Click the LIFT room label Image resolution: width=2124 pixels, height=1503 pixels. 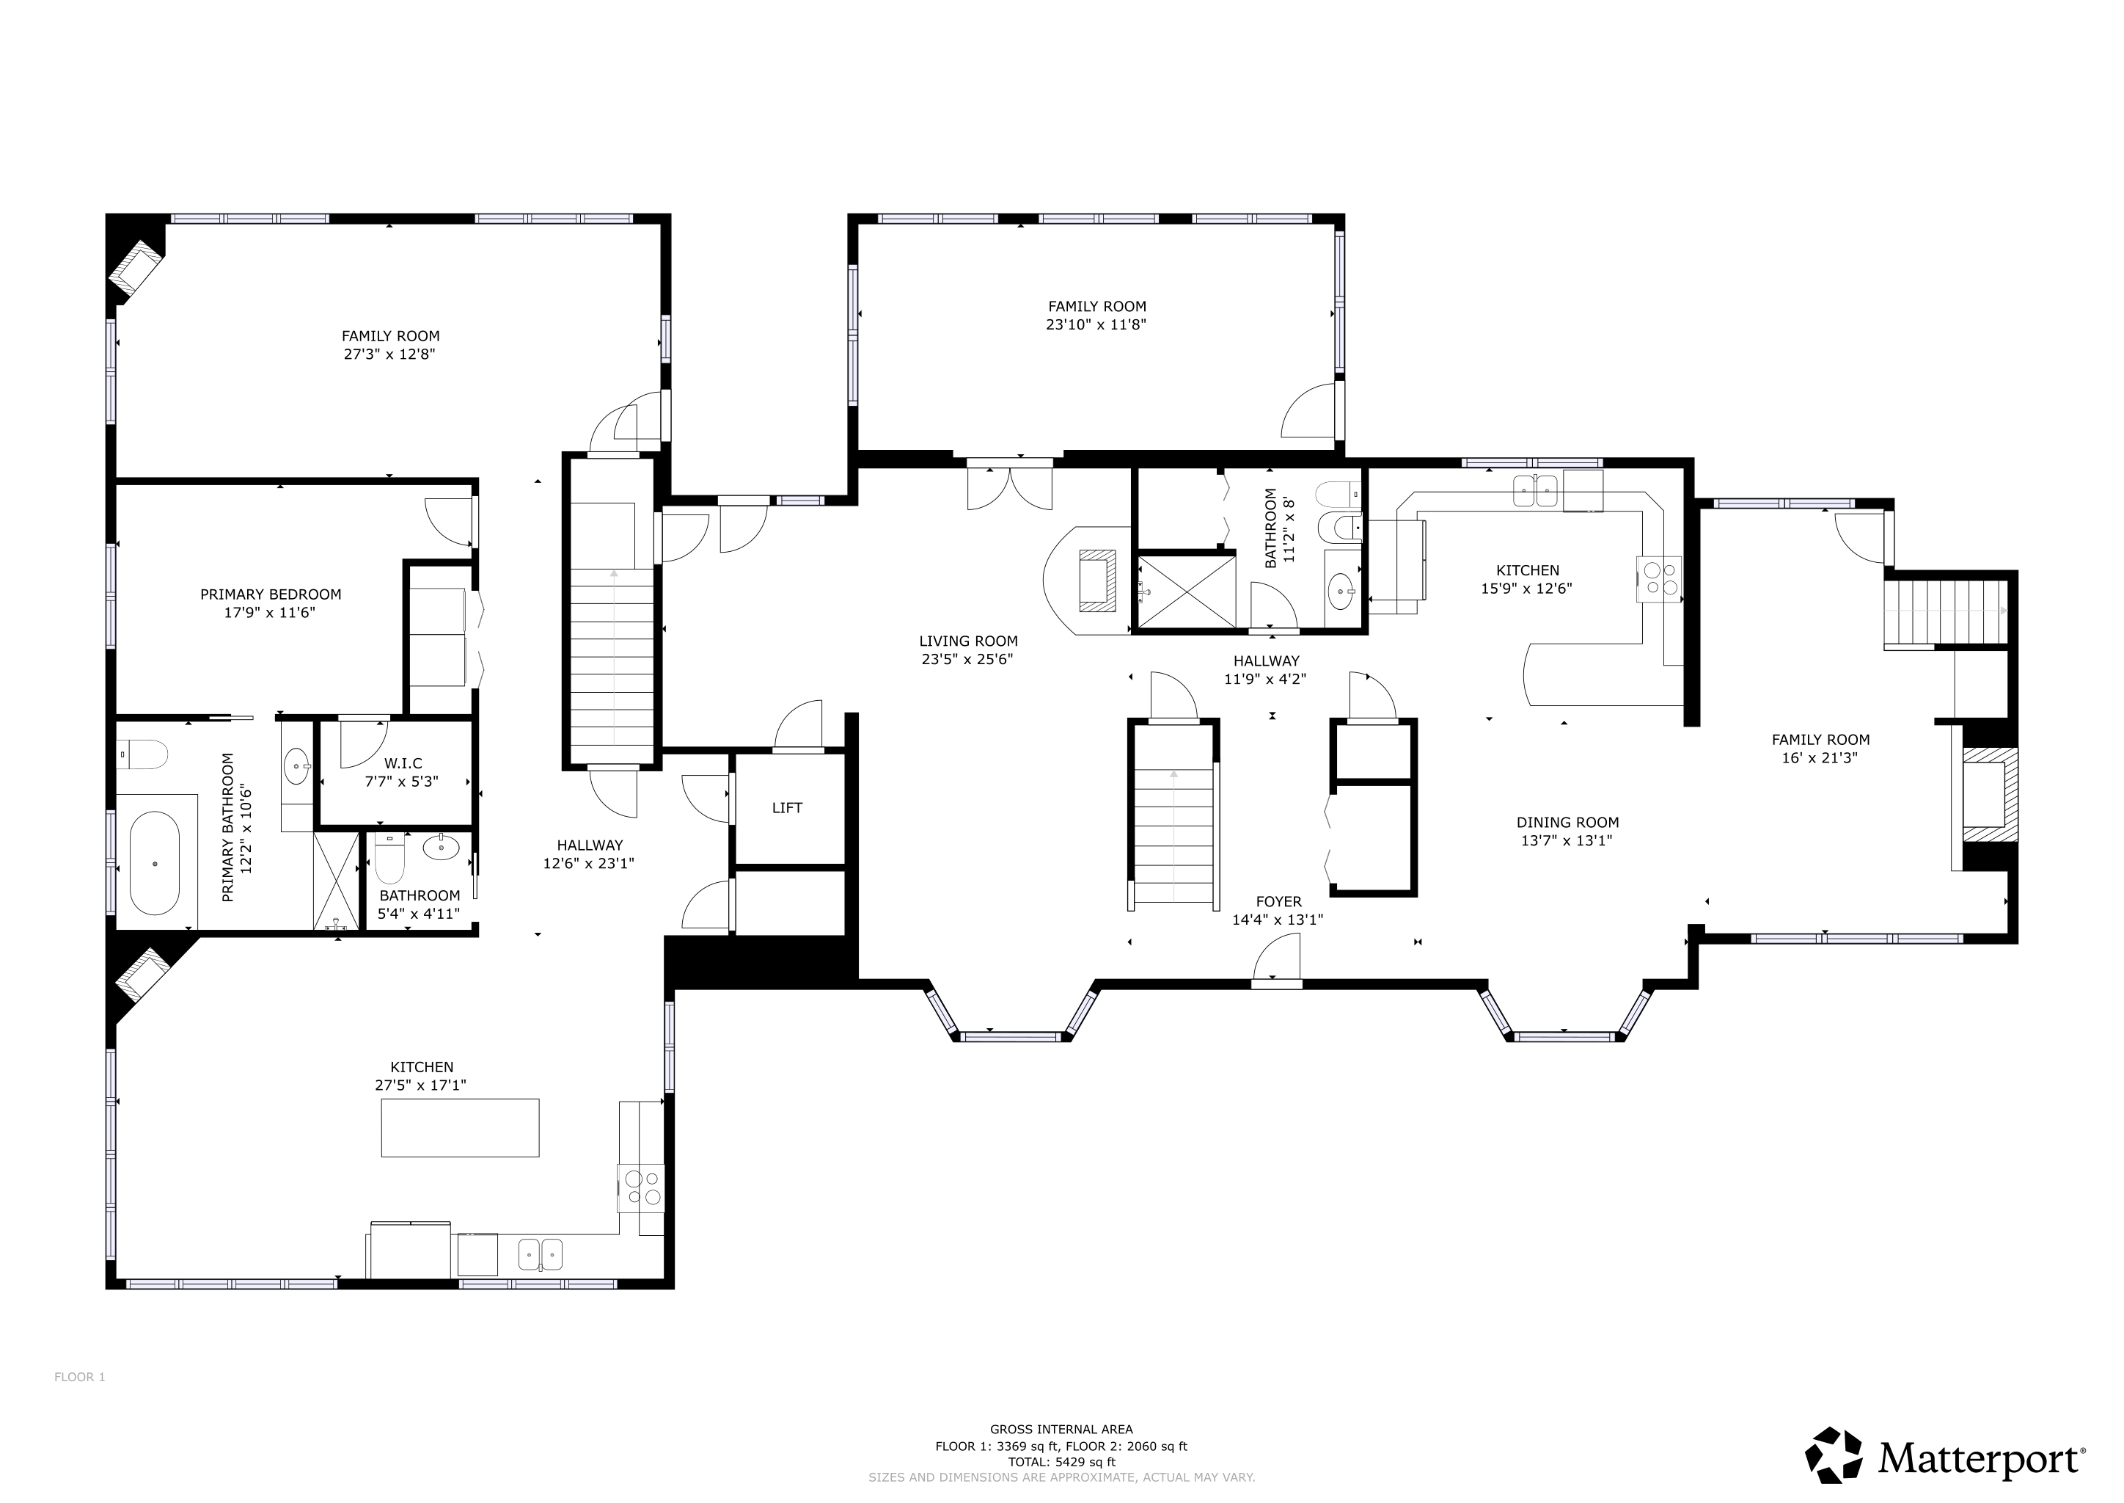tap(786, 808)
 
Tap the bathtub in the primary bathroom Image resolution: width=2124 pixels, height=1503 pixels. tap(155, 864)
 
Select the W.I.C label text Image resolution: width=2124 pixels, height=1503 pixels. tap(403, 763)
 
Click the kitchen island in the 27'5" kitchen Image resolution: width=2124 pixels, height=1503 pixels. tap(460, 1127)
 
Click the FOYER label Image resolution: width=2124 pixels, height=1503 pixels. tap(1278, 901)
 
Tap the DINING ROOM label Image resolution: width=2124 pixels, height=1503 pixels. tap(1568, 822)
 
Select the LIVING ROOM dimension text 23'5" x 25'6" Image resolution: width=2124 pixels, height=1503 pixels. tap(967, 660)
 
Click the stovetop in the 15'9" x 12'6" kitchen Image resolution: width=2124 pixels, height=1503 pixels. tap(1660, 578)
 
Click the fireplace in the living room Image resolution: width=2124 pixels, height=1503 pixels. tap(1098, 581)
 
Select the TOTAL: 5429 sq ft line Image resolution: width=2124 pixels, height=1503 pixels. tap(1061, 1463)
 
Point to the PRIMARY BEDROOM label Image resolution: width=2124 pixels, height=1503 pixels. tap(271, 594)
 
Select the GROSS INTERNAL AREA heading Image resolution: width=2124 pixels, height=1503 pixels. tap(1061, 1429)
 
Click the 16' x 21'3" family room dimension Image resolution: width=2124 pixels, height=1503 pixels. tap(1820, 758)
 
